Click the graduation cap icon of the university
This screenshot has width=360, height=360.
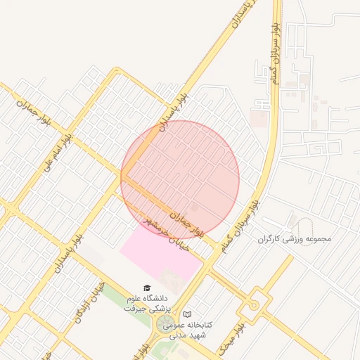147,288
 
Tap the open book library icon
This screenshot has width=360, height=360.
187,314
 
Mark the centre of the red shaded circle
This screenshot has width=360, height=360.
180,179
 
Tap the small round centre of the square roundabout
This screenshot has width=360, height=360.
253,306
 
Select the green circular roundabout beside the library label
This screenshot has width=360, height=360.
162,326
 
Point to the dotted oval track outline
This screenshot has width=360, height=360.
303,226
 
